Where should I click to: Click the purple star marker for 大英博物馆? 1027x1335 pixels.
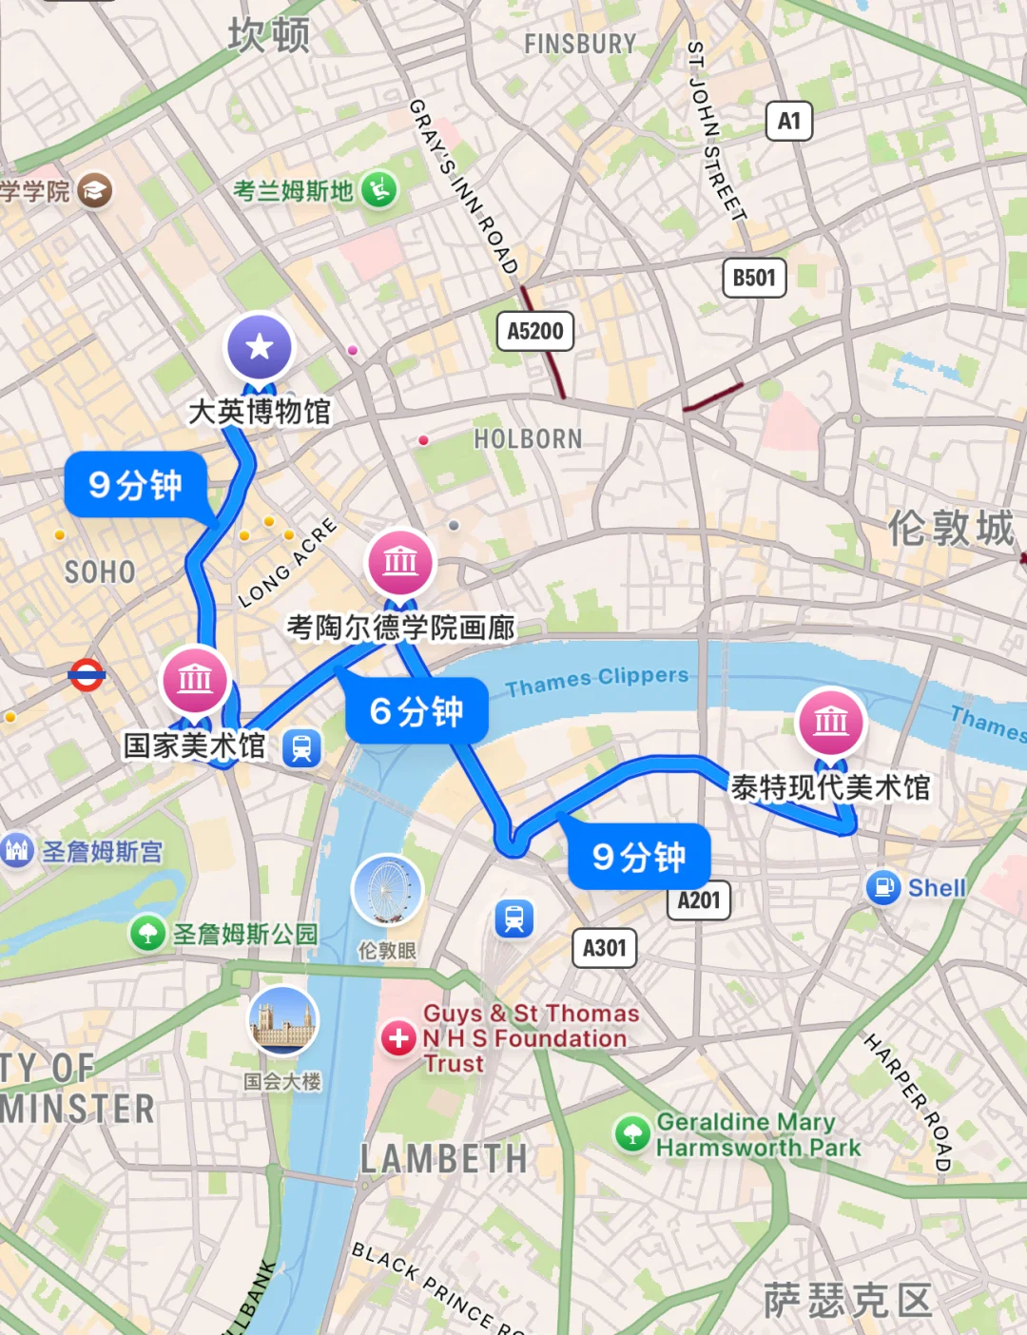point(259,347)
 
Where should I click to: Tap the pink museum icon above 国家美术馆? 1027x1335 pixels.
point(195,680)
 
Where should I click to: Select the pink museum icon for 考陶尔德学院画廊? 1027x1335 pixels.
point(400,562)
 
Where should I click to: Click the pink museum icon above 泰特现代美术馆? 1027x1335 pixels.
point(831,721)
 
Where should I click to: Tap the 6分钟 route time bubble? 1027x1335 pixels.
point(417,711)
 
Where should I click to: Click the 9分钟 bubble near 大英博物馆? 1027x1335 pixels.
point(136,485)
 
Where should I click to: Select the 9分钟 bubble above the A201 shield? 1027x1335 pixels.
point(639,857)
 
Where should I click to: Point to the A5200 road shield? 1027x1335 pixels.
point(535,331)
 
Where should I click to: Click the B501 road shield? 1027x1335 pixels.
point(754,278)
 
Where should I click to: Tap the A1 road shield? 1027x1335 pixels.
point(789,121)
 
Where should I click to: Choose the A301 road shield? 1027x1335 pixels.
point(605,948)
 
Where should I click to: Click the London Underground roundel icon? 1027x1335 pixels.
point(87,675)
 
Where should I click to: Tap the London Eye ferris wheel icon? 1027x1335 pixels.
point(387,889)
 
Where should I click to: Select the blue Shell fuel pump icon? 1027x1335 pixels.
point(883,887)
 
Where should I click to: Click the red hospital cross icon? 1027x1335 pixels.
point(398,1037)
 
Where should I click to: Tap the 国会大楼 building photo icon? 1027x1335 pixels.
point(282,1021)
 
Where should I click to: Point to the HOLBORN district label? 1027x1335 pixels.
point(528,439)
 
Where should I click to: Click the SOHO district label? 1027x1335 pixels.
point(100,572)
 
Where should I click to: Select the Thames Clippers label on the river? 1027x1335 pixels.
point(596,680)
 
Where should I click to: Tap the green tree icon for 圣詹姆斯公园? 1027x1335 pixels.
point(148,933)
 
